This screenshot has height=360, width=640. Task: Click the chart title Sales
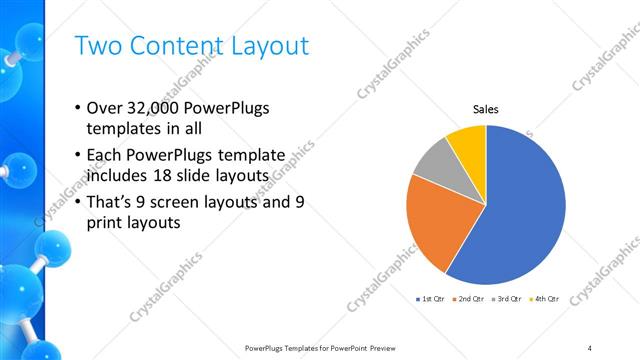point(486,109)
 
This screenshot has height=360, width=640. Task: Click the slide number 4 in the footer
point(589,347)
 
